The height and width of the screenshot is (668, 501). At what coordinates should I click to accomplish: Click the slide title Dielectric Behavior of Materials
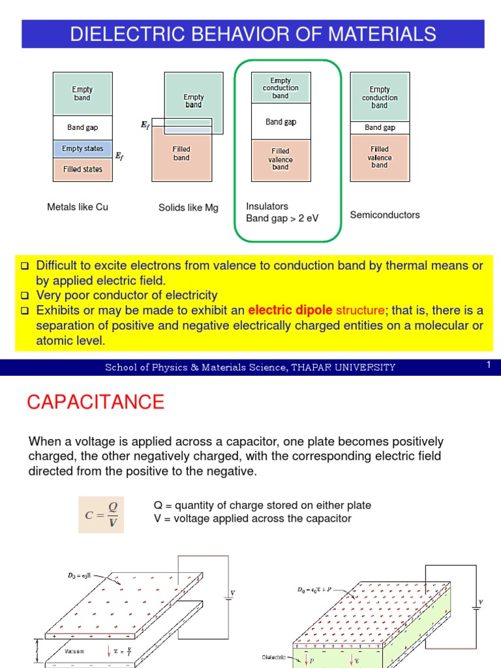tap(252, 34)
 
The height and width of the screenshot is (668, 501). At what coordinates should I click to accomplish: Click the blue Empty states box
tap(82, 149)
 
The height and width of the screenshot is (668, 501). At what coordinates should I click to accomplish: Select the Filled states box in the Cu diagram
tap(82, 170)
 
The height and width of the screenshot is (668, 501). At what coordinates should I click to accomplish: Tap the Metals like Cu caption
tap(78, 207)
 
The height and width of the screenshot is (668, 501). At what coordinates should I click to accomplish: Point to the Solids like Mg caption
tap(189, 208)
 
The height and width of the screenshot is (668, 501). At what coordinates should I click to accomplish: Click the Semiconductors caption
tap(385, 215)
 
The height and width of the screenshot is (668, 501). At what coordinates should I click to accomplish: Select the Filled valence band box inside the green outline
tap(281, 159)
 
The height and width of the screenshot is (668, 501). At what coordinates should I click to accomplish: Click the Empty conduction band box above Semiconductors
tap(380, 97)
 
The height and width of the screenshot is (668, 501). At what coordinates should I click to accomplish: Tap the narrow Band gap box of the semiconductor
tap(380, 128)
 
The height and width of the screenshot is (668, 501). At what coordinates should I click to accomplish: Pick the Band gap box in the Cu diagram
tap(82, 127)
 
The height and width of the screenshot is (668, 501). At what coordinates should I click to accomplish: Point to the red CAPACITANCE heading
tap(96, 402)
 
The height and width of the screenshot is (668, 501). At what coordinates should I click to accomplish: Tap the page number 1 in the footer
tap(487, 366)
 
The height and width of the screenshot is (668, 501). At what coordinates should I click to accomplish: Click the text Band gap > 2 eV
tap(282, 218)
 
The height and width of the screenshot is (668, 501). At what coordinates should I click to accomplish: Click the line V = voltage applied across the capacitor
tap(252, 519)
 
